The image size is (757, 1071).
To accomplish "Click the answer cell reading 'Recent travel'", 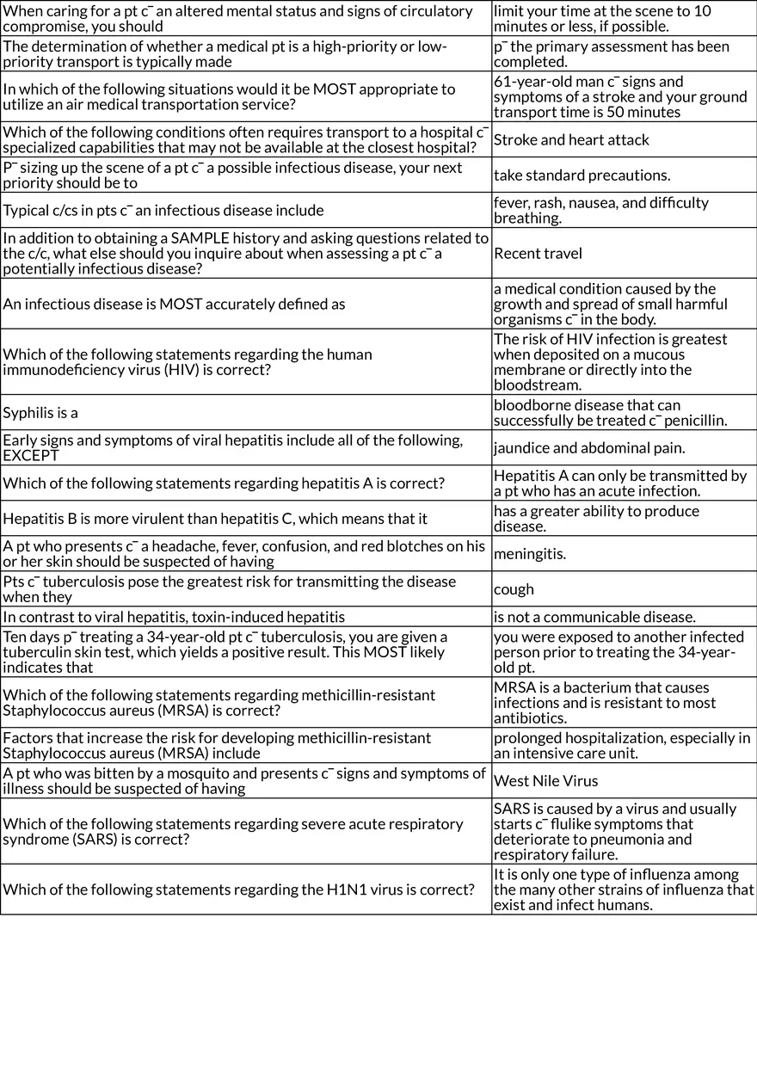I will tap(538, 253).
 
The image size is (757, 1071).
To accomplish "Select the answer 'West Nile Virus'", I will tap(545, 781).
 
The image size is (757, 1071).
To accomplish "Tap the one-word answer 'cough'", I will tap(514, 589).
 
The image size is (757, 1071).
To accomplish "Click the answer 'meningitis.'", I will tap(530, 554).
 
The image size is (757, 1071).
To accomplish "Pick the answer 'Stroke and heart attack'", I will tap(571, 139).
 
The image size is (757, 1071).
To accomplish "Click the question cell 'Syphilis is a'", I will tap(40, 413).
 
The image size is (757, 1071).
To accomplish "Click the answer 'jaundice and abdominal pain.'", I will tap(577, 447).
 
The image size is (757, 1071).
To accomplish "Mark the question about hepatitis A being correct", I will tap(224, 483).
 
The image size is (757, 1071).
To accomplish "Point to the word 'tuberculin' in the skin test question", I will tap(35, 652).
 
